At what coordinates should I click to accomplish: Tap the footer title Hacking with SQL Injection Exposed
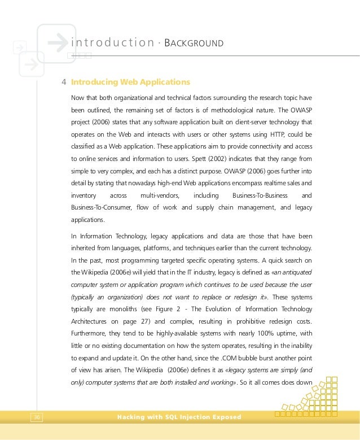pos(178,417)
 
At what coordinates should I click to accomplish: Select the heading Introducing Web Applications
pos(130,82)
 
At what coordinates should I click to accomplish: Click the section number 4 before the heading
pos(64,82)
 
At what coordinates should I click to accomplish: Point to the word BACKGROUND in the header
pos(194,43)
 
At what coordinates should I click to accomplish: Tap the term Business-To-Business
pos(260,196)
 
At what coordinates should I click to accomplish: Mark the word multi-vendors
pos(158,196)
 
